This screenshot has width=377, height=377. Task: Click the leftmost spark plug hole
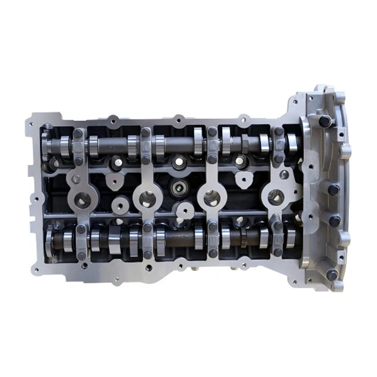coord(82,200)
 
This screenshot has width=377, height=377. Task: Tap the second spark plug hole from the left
coord(147,198)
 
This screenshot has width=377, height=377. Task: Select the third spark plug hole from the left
coord(212,197)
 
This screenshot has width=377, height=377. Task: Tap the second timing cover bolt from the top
coord(334,190)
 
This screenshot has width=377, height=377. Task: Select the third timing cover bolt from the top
coord(335,221)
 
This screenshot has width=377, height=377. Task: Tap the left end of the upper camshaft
coord(47,144)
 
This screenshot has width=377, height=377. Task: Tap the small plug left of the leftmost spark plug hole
coord(75,179)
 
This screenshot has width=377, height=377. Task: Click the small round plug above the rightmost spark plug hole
coord(283,174)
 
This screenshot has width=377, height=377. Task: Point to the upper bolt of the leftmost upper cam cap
coord(78,133)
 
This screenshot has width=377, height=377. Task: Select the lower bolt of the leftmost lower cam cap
coord(81,255)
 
